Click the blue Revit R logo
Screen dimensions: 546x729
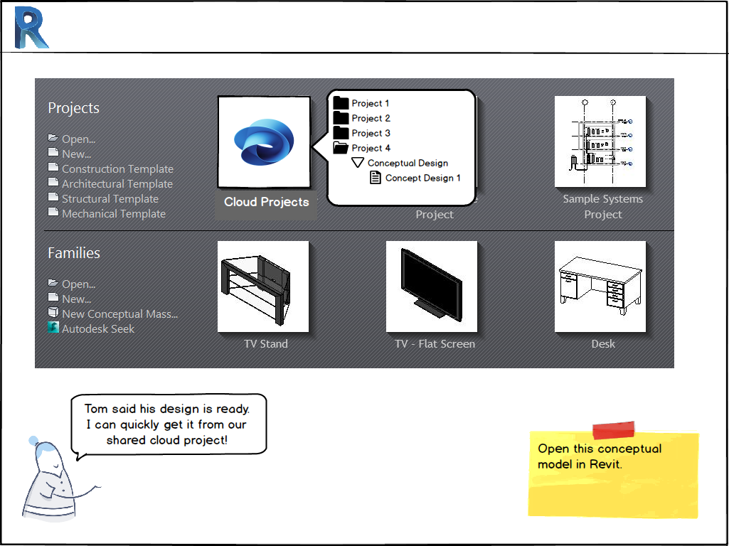[x=31, y=28]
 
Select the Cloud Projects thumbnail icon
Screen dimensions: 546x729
[x=264, y=142]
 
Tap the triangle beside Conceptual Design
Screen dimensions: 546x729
[x=358, y=163]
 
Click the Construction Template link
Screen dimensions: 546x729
[x=117, y=169]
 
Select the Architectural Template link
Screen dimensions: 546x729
[x=117, y=184]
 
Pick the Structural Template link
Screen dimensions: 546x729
[x=110, y=199]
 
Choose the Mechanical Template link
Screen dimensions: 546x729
[x=113, y=214]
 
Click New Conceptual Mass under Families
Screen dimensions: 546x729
[x=119, y=314]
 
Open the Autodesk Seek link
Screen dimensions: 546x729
[x=97, y=329]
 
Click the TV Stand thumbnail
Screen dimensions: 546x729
[x=263, y=287]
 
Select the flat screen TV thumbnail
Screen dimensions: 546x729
[x=432, y=287]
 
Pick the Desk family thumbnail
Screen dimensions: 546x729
[x=600, y=287]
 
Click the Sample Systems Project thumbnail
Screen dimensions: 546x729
[x=600, y=141]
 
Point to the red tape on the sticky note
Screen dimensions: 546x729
[x=613, y=429]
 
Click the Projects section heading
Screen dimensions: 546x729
[x=73, y=108]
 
